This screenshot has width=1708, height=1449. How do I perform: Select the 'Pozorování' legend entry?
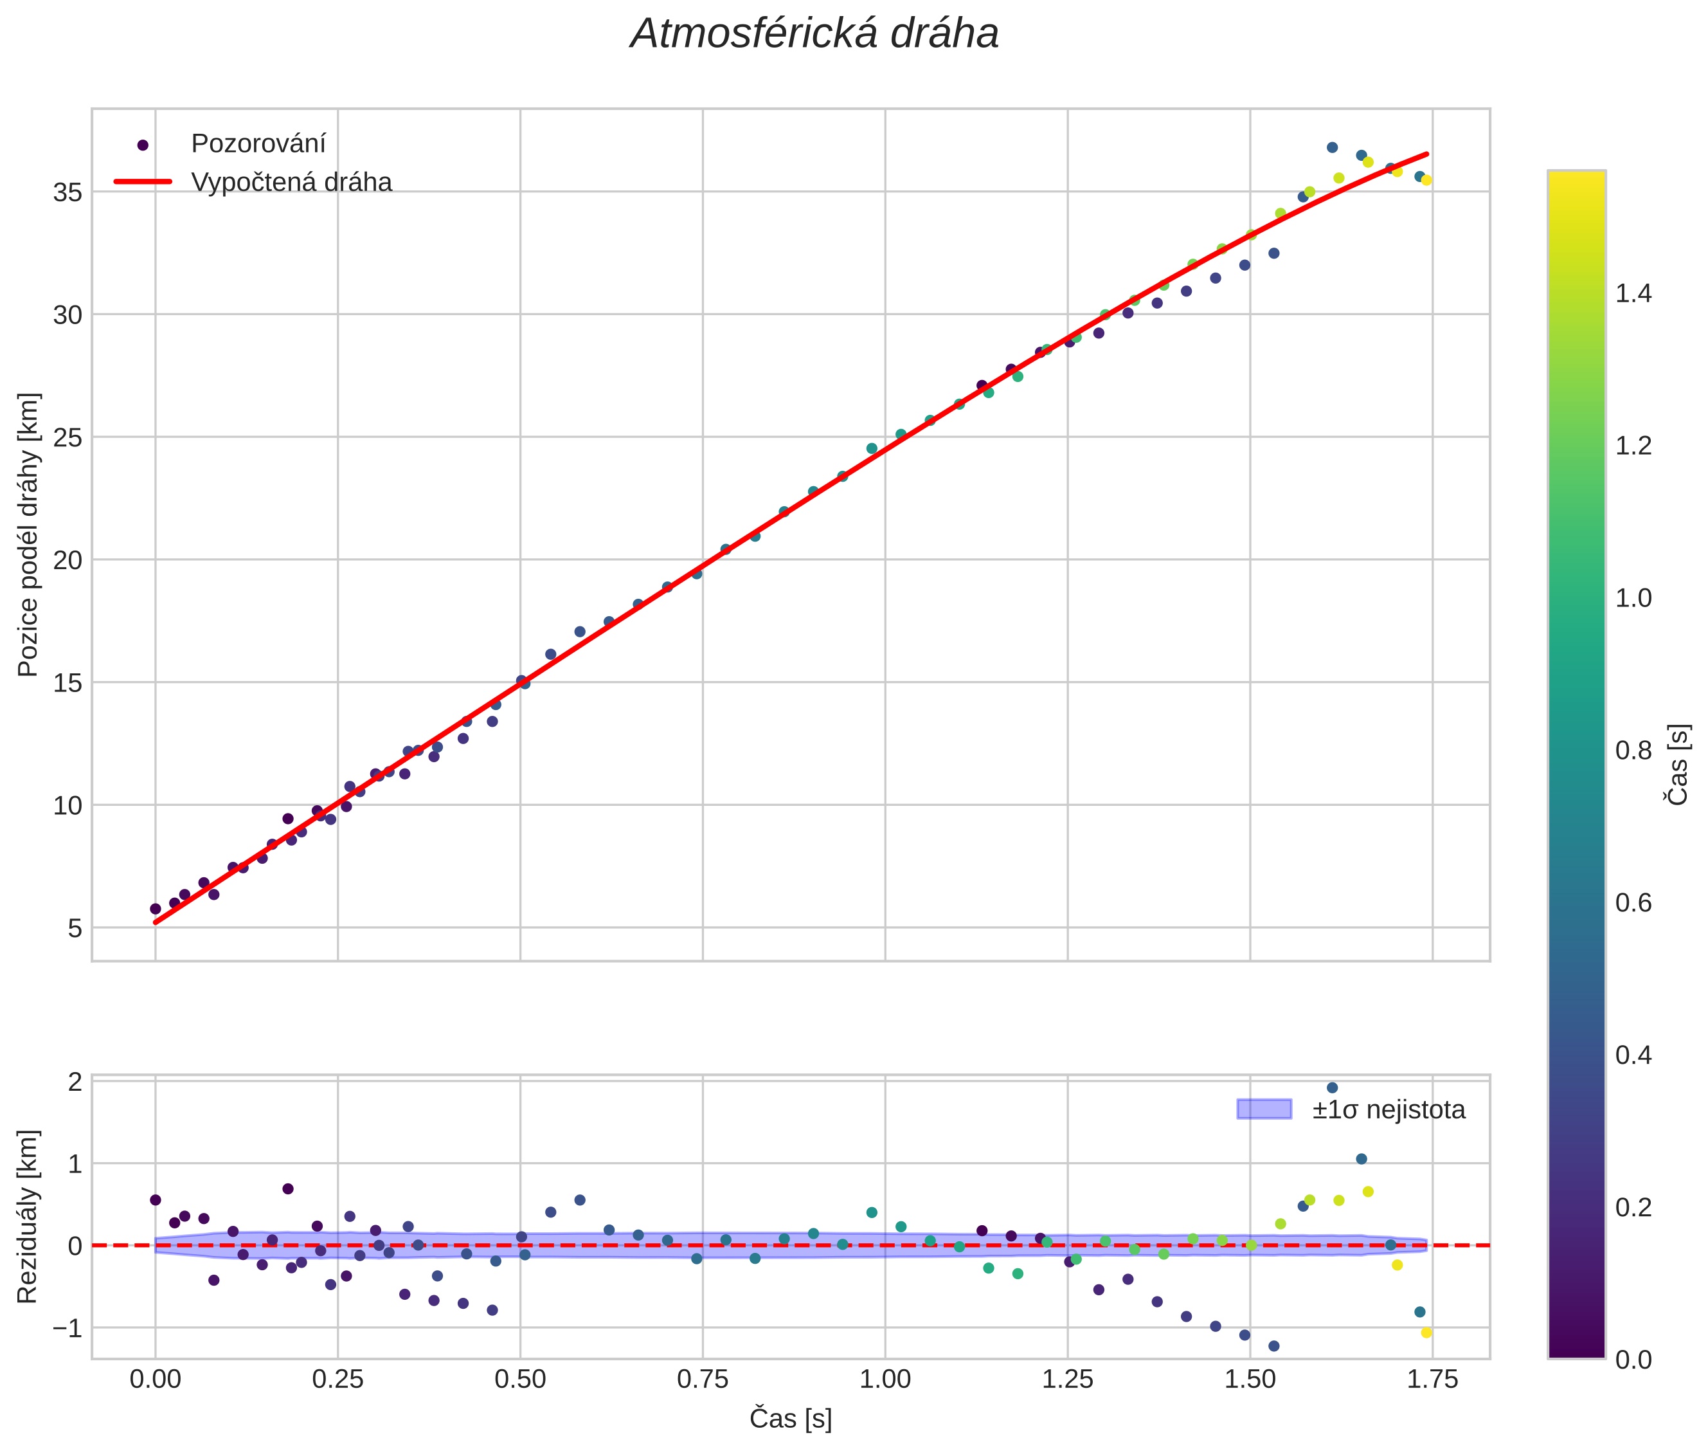(258, 144)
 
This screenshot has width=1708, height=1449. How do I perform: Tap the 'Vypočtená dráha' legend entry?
(291, 183)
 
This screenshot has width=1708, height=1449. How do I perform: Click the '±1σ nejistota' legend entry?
(1388, 1110)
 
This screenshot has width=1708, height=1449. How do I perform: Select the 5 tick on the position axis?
(75, 928)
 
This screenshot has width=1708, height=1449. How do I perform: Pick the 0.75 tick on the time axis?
(702, 1379)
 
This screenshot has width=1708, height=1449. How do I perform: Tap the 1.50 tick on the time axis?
(1250, 1379)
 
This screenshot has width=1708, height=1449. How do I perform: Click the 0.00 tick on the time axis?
(155, 1379)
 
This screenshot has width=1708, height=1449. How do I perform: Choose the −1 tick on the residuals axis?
(67, 1327)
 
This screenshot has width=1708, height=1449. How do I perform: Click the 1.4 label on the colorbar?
(1633, 293)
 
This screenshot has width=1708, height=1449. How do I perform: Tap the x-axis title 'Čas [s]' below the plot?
(790, 1419)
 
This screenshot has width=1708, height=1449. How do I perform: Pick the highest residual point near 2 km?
(1332, 1088)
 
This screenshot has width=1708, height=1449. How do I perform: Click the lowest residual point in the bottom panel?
(1273, 1345)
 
